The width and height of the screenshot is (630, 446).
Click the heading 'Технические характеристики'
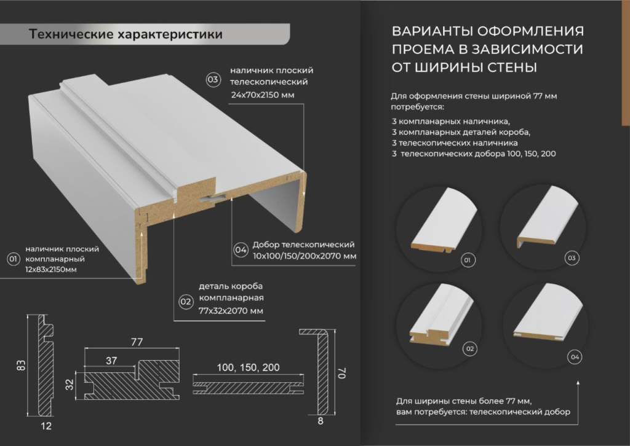click(126, 34)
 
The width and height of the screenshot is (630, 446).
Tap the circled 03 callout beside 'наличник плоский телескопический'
click(213, 79)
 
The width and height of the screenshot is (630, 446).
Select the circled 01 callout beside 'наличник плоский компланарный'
click(14, 259)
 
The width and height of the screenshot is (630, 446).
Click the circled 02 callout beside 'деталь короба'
click(186, 302)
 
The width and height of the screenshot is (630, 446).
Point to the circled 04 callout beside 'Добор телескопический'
click(241, 250)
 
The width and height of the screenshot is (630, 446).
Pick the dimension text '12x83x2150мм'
click(50, 270)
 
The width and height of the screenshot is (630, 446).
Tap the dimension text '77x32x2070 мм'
click(231, 311)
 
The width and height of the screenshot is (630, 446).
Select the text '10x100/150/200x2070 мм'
click(305, 256)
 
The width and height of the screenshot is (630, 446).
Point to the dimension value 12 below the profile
click(47, 426)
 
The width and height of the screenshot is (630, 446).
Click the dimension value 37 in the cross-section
click(111, 361)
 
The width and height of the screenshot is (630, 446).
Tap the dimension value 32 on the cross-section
click(70, 385)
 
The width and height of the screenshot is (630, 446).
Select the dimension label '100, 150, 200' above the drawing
click(249, 367)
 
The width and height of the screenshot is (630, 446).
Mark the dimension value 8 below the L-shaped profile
click(320, 421)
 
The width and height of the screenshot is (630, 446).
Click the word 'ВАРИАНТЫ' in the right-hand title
click(431, 31)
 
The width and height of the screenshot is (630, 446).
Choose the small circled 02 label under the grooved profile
click(470, 348)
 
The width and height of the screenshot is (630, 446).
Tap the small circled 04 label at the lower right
click(575, 357)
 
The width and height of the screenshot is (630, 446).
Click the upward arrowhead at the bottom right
click(578, 382)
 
